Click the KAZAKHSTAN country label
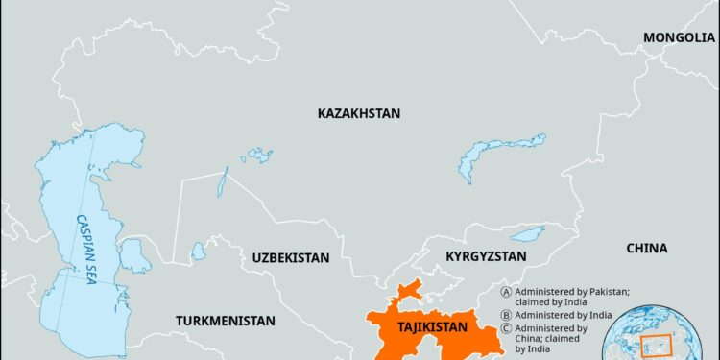[358, 113]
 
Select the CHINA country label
[646, 248]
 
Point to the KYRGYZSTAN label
[486, 256]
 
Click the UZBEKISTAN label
[291, 258]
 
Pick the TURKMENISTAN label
[225, 320]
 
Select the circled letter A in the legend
[506, 290]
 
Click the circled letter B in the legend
[506, 314]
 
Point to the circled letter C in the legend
[506, 328]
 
